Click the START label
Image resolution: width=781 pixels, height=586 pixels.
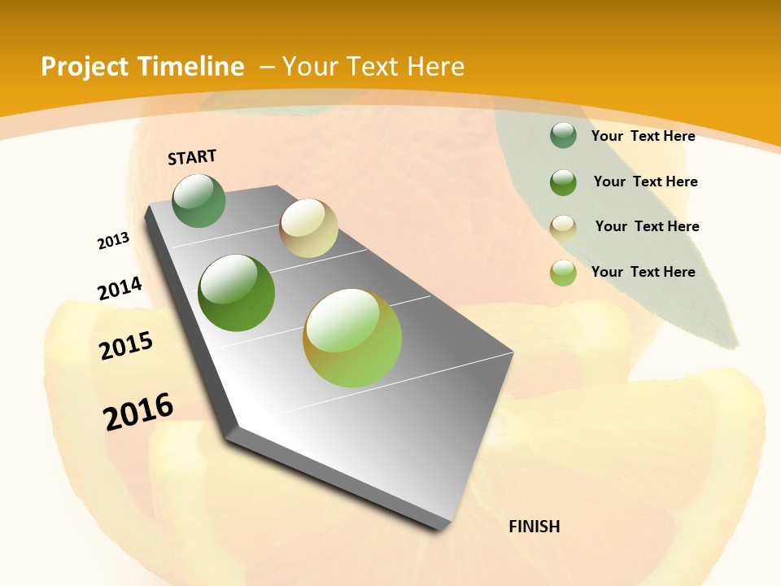click(192, 157)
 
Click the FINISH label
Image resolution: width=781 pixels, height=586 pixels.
click(534, 527)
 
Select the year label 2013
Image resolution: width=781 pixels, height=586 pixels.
click(114, 241)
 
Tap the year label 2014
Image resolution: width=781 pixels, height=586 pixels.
click(120, 289)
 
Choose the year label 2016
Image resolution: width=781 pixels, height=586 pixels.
click(138, 411)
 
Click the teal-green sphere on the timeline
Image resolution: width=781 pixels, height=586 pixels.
click(199, 200)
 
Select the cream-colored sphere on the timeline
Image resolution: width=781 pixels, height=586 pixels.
click(308, 228)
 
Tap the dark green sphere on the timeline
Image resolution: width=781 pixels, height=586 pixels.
click(237, 293)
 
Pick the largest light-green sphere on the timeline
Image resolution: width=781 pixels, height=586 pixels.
click(352, 338)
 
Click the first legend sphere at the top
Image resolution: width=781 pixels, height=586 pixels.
click(563, 135)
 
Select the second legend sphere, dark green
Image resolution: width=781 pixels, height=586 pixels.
click(563, 182)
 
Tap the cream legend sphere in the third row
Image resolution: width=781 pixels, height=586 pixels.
click(563, 227)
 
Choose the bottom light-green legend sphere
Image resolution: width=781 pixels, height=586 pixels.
click(563, 273)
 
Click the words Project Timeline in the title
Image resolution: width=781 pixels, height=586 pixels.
click(142, 67)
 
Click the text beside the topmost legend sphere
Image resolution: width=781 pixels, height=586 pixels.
click(643, 137)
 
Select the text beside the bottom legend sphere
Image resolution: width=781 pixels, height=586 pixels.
click(643, 272)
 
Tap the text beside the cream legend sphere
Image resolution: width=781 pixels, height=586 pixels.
click(647, 226)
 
